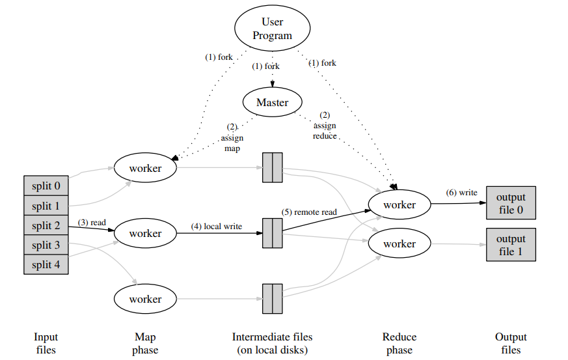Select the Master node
point(273,102)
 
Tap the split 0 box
point(47,186)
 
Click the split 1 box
point(47,206)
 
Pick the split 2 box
point(47,225)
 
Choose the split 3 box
point(47,245)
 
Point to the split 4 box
point(47,264)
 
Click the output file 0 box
point(511,204)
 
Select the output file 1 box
point(511,245)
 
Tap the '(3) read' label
point(92,223)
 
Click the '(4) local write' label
point(216,227)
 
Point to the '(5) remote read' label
point(309,212)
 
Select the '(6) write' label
point(461,193)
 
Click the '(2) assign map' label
point(232,137)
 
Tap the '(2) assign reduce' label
point(325,125)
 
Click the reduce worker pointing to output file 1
point(399,244)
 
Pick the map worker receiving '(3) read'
point(146,233)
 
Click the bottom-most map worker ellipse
point(146,299)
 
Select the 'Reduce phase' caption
point(399,343)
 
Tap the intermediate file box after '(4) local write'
point(272,233)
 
